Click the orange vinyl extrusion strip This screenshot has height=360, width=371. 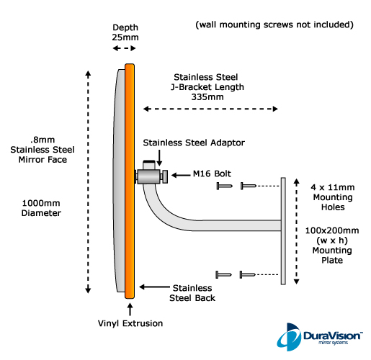[x=130, y=181]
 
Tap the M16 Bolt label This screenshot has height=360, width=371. [x=212, y=174]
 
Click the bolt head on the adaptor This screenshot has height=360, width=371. [x=165, y=176]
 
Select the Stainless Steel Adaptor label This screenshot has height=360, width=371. [x=194, y=143]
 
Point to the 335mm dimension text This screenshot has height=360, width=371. [x=207, y=97]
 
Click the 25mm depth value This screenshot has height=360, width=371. [x=125, y=37]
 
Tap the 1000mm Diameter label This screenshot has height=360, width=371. [x=41, y=208]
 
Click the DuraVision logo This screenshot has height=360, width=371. [x=319, y=336]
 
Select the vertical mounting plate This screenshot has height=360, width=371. [x=283, y=231]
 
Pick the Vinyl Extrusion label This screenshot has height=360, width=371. [x=130, y=323]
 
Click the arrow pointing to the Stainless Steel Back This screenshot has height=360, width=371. [x=154, y=287]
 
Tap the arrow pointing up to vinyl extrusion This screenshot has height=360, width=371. [x=130, y=310]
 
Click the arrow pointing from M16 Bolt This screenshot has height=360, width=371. [x=181, y=175]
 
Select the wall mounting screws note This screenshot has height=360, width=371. [x=274, y=24]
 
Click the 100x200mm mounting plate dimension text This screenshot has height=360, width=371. [x=332, y=230]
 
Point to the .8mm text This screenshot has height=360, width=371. [x=43, y=140]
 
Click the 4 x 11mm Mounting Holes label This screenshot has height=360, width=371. [x=333, y=197]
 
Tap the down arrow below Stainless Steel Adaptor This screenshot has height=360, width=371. [x=159, y=158]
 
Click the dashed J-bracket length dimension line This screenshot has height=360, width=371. [x=210, y=109]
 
